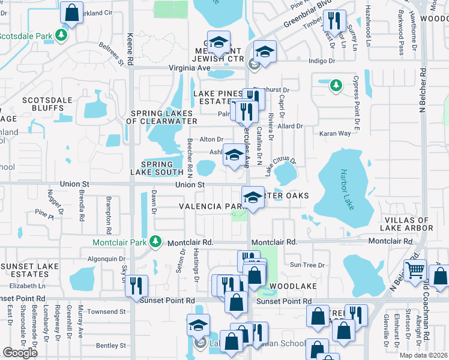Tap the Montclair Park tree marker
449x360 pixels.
(x=155, y=242)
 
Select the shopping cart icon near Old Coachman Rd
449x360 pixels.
(x=415, y=271)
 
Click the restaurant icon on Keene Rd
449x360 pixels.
(x=137, y=284)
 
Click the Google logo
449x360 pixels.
(x=20, y=353)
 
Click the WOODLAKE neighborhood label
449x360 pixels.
(x=292, y=286)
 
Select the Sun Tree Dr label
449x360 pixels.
(x=307, y=265)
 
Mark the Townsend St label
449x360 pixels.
(x=106, y=311)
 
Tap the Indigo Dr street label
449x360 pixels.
(x=321, y=61)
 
